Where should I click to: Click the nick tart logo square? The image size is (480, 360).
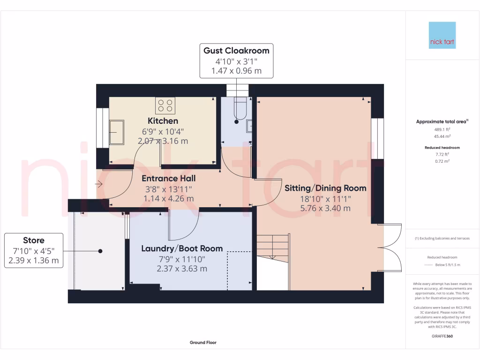[x=442, y=35]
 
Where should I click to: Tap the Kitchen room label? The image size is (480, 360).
[x=163, y=121]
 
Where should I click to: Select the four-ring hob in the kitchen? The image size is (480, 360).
[x=165, y=105]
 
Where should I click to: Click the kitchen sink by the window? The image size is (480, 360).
[x=117, y=132]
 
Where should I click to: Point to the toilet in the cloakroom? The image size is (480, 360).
[x=240, y=108]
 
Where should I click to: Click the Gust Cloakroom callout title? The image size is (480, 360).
[x=236, y=51]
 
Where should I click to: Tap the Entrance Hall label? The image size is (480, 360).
[x=168, y=179]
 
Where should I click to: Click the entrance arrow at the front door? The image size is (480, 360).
[x=98, y=184]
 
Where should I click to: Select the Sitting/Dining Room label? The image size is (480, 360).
[x=325, y=188]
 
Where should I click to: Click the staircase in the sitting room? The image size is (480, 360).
[x=273, y=248]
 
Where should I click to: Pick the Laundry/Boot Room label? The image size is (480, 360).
[x=182, y=248]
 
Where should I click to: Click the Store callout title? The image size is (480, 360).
[x=34, y=240]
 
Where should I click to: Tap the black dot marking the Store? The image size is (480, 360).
[x=100, y=251]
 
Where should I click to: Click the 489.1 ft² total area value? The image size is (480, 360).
[x=442, y=129]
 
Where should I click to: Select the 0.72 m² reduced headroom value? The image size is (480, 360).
[x=442, y=161]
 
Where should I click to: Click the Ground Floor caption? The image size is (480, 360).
[x=203, y=343]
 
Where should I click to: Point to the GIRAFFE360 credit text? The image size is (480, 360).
[x=442, y=336]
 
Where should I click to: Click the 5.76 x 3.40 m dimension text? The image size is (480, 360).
[x=325, y=209]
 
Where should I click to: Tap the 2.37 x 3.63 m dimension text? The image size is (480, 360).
[x=182, y=269]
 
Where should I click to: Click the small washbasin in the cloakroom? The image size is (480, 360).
[x=249, y=126]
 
